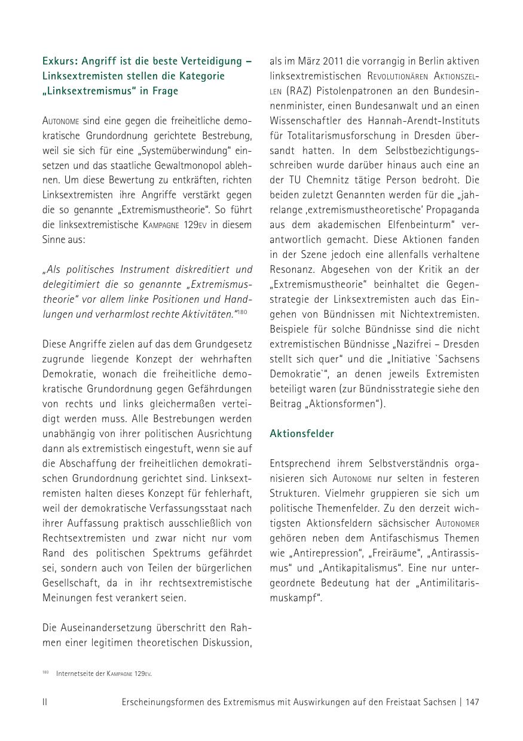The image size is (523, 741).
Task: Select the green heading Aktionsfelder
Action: point(302,433)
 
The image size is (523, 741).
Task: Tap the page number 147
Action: point(472,702)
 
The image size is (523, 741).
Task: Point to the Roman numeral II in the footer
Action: point(45,702)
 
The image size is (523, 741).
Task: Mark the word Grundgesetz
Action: point(225,344)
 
